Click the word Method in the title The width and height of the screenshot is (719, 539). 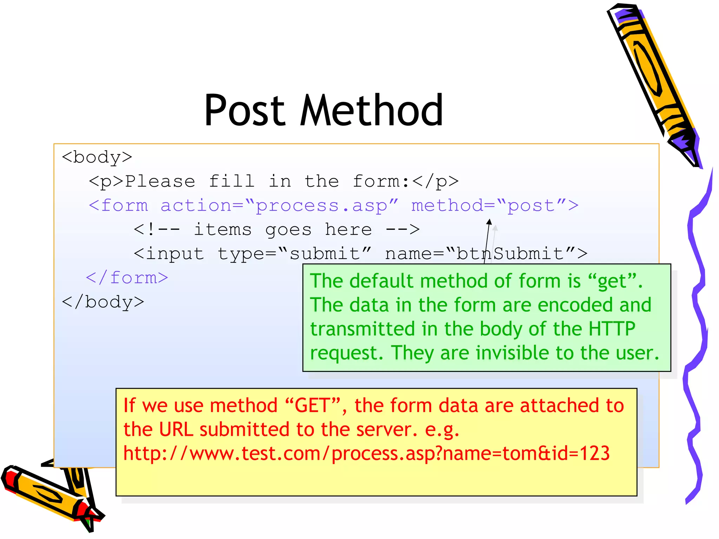click(371, 111)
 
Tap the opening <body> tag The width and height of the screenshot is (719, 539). click(97, 157)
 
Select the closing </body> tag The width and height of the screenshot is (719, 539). click(103, 302)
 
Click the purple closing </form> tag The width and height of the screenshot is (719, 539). click(127, 278)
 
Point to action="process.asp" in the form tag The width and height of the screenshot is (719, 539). click(279, 206)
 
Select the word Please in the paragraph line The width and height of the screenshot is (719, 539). click(160, 181)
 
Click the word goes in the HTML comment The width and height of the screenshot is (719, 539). click(288, 230)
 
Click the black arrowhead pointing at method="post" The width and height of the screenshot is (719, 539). click(489, 222)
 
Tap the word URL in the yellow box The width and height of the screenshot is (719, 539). click(176, 430)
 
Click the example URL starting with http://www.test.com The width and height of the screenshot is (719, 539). click(366, 453)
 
